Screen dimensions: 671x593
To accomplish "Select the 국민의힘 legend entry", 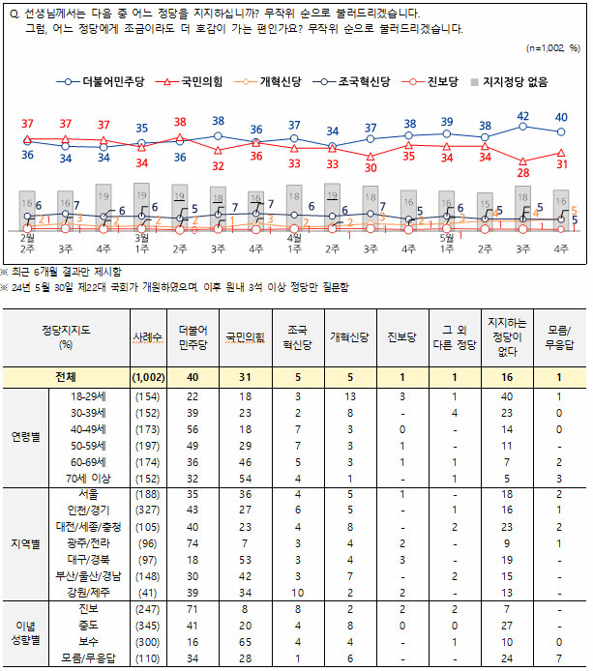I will (x=195, y=82).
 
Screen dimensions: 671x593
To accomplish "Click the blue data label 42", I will (x=523, y=115).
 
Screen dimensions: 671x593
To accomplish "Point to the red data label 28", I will (x=523, y=173).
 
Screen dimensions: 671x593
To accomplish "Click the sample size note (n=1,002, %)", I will (x=552, y=47).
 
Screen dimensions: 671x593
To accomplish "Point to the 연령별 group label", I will (x=25, y=434).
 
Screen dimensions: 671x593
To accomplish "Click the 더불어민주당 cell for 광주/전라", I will (x=193, y=543).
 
